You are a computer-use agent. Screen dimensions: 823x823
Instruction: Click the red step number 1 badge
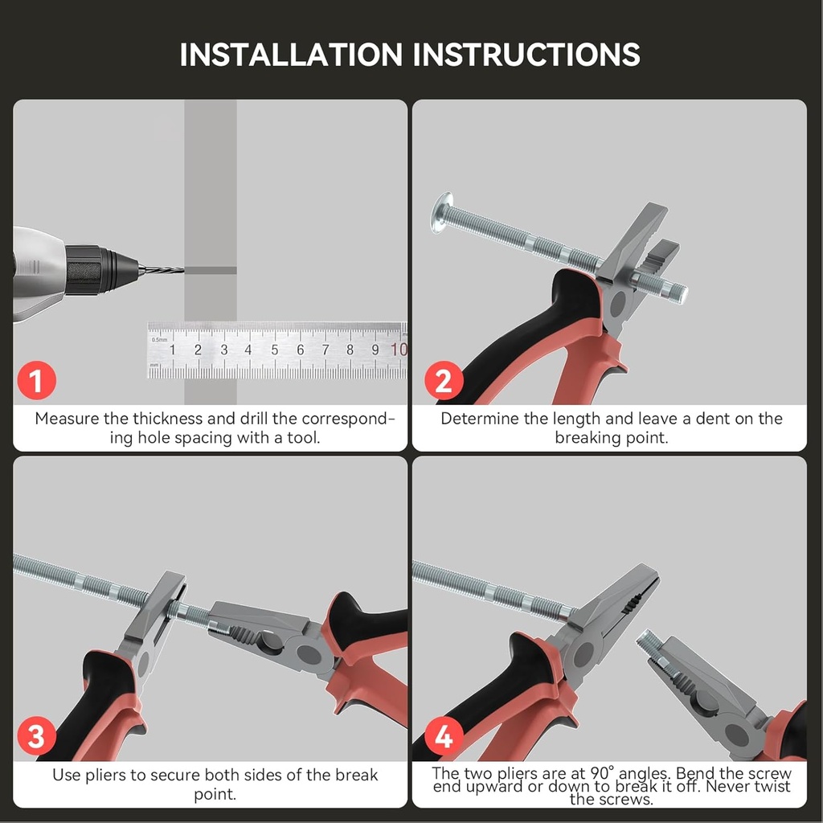[x=37, y=380]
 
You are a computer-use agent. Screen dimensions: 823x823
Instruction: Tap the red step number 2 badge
[x=444, y=380]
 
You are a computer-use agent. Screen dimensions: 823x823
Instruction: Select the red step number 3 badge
[x=37, y=736]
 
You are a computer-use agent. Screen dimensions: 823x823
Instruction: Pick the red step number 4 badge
[x=444, y=736]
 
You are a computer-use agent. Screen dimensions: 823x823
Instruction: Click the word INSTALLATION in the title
[x=291, y=54]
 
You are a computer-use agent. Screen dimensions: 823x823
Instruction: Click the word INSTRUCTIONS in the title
[x=526, y=54]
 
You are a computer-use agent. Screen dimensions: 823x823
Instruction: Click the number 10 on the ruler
[x=399, y=349]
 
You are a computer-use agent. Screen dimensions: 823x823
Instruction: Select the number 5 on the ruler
[x=275, y=350]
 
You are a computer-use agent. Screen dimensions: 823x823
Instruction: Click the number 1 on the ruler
[x=172, y=350]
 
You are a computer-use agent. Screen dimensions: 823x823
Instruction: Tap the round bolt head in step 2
[x=442, y=212]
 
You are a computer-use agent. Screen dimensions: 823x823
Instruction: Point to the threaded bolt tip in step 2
[x=681, y=294]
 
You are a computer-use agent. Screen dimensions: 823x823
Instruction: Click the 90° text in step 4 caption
[x=602, y=773]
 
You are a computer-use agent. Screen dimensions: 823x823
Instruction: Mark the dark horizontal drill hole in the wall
[x=210, y=270]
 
